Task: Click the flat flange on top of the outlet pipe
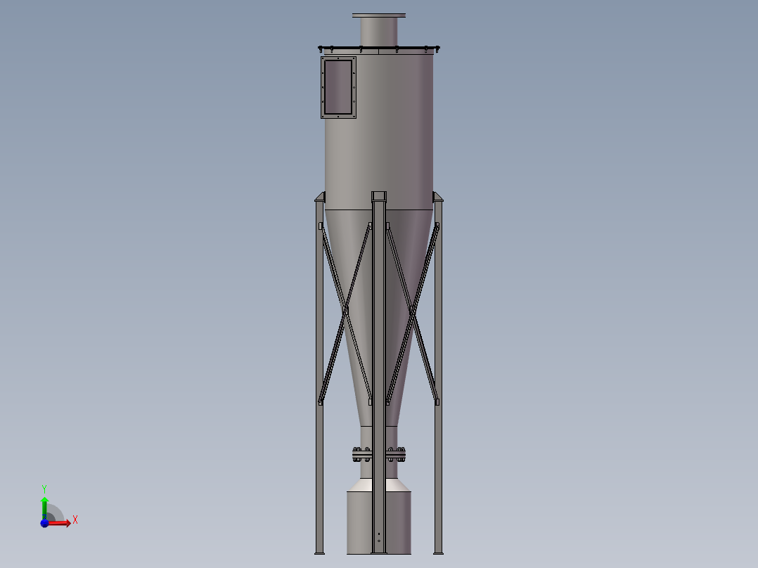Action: pyautogui.click(x=379, y=15)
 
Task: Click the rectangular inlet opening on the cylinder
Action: pyautogui.click(x=338, y=87)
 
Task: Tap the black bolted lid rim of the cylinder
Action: pyautogui.click(x=379, y=48)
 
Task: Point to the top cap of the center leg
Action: pyautogui.click(x=379, y=195)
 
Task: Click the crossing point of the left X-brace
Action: pyautogui.click(x=345, y=310)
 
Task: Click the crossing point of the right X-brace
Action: pyautogui.click(x=413, y=310)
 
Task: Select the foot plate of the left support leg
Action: pyautogui.click(x=319, y=552)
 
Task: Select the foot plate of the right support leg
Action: pyautogui.click(x=439, y=552)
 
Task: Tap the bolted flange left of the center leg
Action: pyautogui.click(x=362, y=455)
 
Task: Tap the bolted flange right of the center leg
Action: pyautogui.click(x=397, y=455)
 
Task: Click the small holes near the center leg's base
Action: pyautogui.click(x=379, y=538)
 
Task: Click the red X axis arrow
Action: pyautogui.click(x=60, y=523)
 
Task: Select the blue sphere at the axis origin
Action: pyautogui.click(x=45, y=523)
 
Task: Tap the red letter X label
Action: pyautogui.click(x=75, y=520)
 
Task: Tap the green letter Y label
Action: pyautogui.click(x=44, y=488)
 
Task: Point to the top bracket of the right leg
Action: pyautogui.click(x=437, y=197)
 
